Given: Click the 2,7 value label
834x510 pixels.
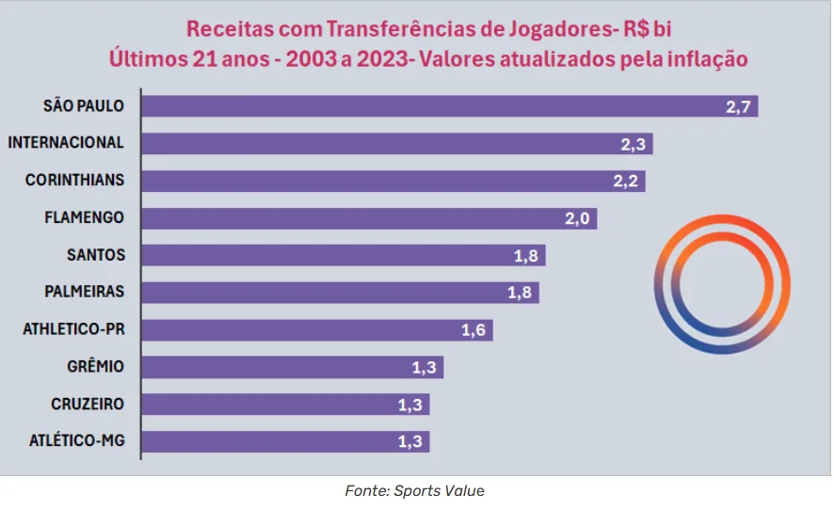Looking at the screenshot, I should [737, 106].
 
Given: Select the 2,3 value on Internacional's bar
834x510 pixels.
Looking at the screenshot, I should [632, 144].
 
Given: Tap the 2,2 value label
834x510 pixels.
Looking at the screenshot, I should [625, 181].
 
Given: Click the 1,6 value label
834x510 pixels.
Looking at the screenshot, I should [473, 330].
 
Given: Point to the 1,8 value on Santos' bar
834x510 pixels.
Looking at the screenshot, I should [525, 256].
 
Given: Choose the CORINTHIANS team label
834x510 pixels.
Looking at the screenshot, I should [74, 180].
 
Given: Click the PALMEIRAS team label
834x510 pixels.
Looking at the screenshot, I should [84, 292].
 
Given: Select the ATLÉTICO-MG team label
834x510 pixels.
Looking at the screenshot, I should [76, 441].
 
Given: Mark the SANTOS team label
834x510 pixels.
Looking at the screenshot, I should [96, 255].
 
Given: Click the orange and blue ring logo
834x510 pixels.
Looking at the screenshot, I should [723, 283].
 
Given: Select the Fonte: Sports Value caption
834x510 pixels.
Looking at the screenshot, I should [415, 490].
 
